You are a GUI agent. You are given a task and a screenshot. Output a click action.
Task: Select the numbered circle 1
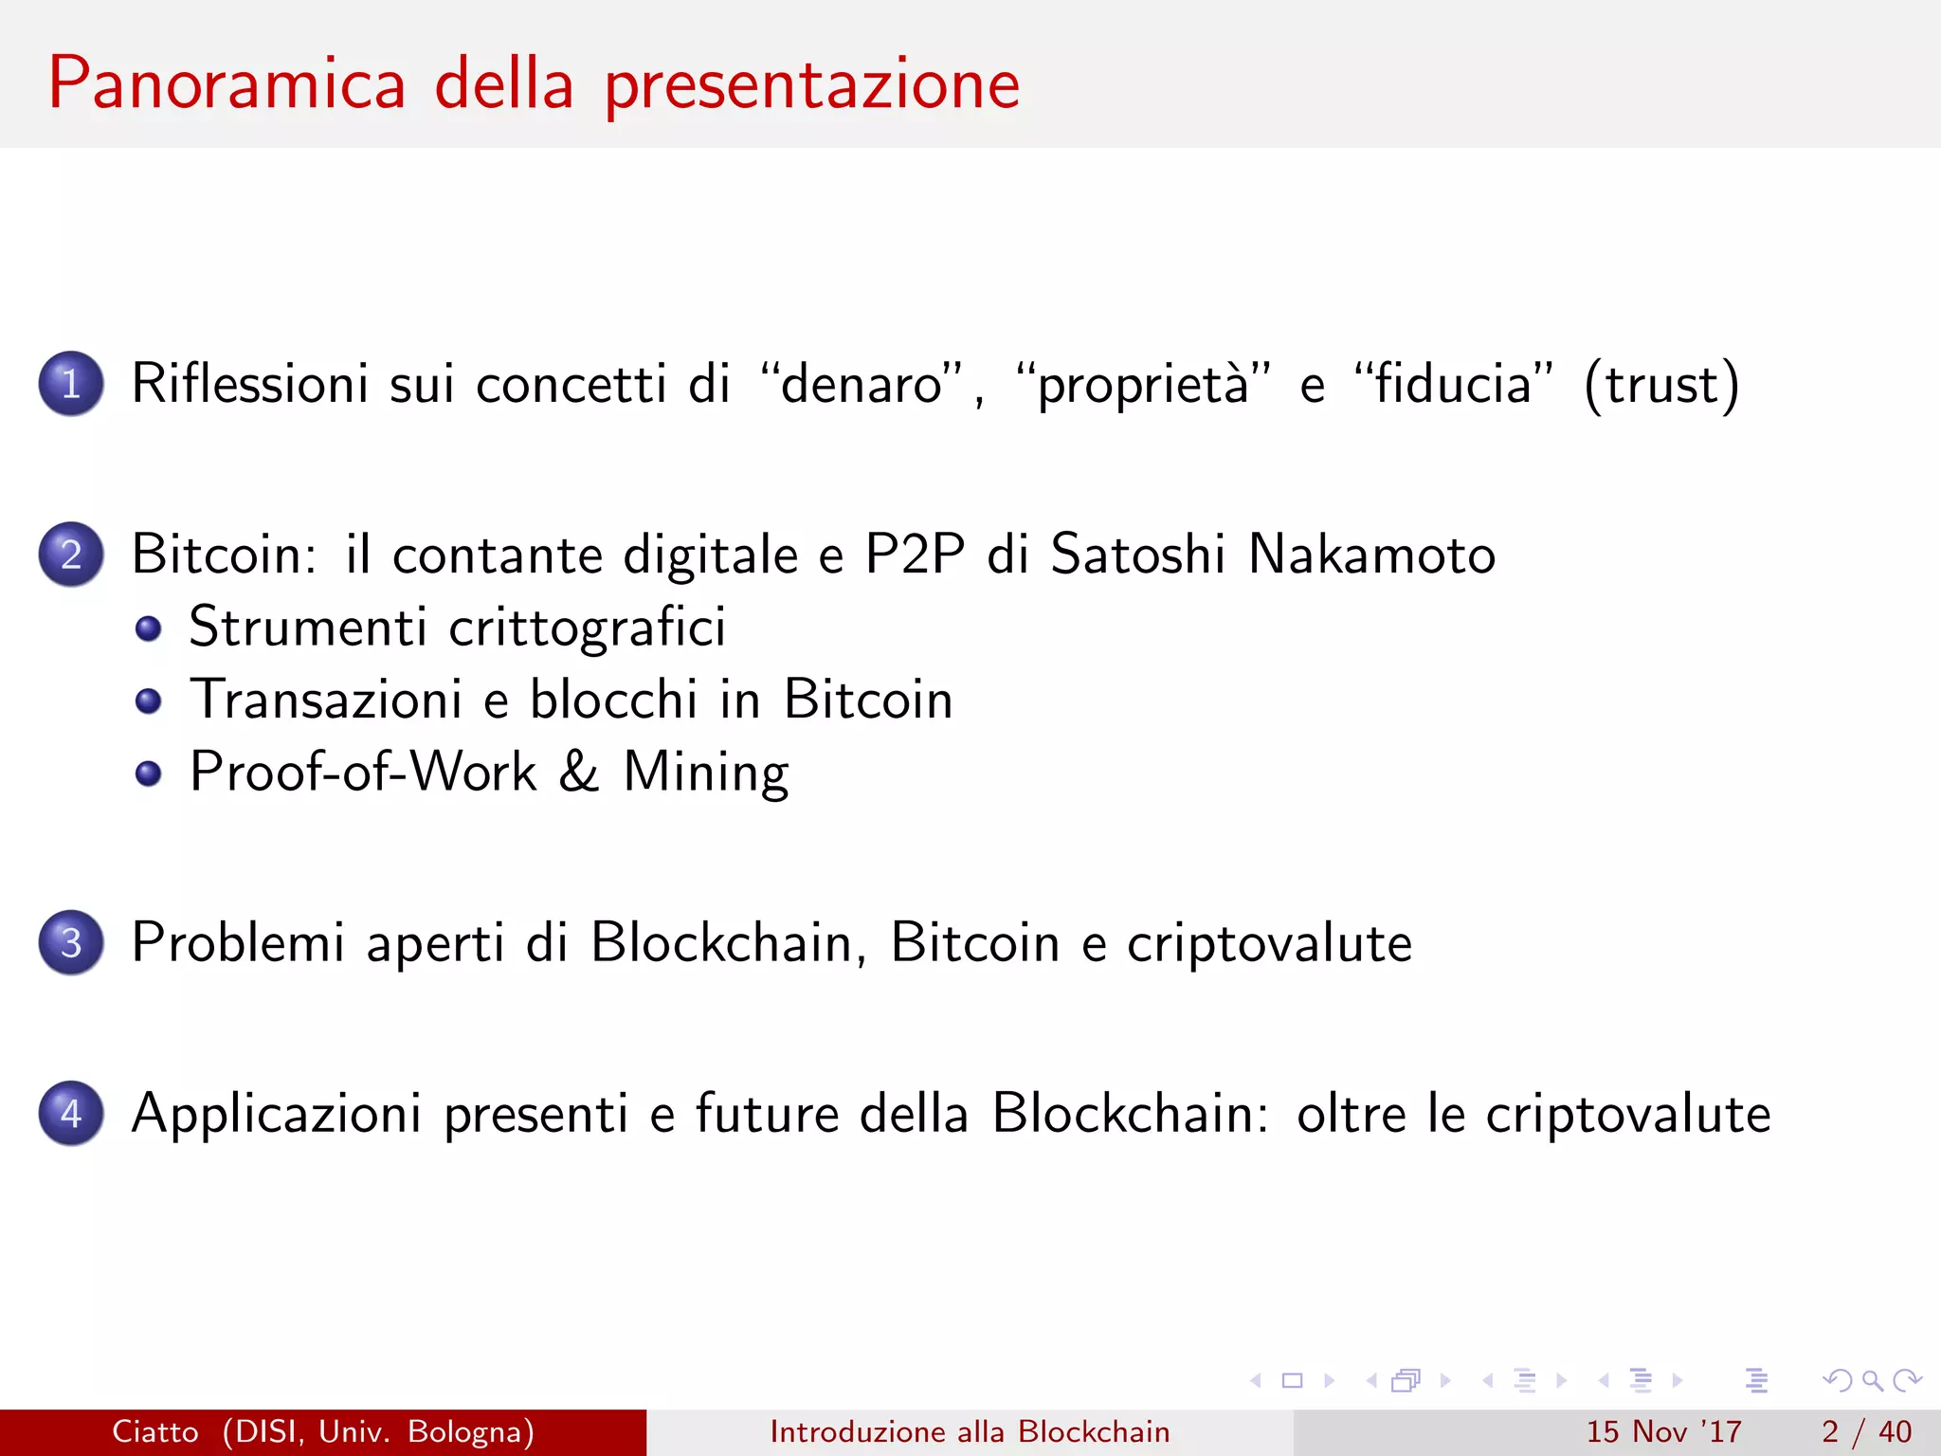[x=71, y=384]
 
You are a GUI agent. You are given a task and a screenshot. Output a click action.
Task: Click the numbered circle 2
[x=71, y=555]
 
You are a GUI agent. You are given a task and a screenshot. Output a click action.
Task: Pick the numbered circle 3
[x=71, y=943]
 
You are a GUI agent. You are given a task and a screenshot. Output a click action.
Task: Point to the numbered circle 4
[x=71, y=1114]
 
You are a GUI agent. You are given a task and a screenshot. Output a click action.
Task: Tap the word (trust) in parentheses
[x=1661, y=385]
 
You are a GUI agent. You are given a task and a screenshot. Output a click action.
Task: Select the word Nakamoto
[x=1371, y=555]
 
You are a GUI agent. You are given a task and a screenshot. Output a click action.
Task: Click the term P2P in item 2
[x=915, y=555]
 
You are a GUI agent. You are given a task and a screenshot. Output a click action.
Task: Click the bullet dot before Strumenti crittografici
[x=149, y=628]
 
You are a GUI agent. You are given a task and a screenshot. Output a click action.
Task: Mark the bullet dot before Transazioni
[x=149, y=701]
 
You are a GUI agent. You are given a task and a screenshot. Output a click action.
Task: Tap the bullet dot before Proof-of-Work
[x=149, y=773]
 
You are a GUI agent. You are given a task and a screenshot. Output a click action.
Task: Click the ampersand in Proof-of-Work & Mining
[x=579, y=772]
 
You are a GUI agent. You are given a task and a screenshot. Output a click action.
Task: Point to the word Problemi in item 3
[x=237, y=944]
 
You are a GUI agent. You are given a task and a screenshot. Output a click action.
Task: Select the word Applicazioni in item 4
[x=276, y=1115]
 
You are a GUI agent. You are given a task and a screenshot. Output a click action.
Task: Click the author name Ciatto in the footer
[x=155, y=1431]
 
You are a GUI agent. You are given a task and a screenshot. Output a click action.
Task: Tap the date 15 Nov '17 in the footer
[x=1664, y=1431]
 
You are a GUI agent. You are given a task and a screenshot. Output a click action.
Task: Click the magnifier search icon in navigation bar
[x=1872, y=1381]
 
